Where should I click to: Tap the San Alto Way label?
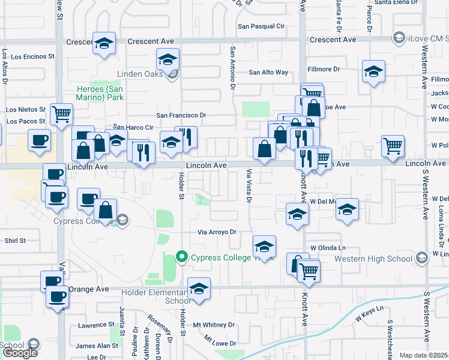tap(268, 73)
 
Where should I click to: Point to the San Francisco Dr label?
tap(181, 115)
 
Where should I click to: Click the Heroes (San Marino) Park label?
tap(100, 94)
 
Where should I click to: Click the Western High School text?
tap(372, 259)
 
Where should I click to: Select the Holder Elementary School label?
tap(156, 296)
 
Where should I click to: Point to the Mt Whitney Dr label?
tap(214, 325)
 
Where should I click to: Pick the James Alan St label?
tap(97, 346)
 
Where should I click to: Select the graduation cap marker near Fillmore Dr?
tap(373, 72)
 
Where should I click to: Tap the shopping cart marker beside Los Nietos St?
tap(61, 113)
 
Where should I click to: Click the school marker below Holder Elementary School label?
tap(199, 289)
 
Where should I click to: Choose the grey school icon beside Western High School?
tap(421, 258)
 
